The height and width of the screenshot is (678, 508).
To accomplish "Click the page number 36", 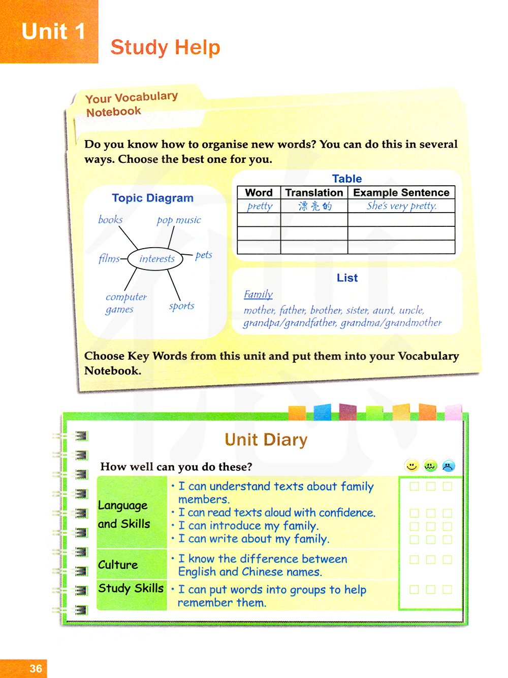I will point(36,668).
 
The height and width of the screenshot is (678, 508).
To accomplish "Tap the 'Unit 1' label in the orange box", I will point(53,32).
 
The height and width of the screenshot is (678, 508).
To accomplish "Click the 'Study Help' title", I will point(165,47).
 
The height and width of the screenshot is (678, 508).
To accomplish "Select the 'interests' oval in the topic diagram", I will point(155,259).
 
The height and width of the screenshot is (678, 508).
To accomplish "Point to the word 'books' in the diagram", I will point(110,220).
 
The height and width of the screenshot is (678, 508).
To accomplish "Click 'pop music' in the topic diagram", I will point(179,220).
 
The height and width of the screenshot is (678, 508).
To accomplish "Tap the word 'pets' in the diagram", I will point(204,255).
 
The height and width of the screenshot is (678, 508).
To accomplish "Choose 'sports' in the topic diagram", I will point(181,306).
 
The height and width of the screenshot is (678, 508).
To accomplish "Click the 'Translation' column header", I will point(314,193).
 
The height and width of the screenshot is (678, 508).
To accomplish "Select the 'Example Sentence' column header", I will point(401,193).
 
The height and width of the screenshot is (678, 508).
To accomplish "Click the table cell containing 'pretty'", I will point(260,206).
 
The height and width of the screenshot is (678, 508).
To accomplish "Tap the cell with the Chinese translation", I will point(314,206).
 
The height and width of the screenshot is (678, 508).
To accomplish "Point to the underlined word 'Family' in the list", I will point(258,294).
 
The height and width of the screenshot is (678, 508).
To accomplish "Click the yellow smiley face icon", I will point(412,465).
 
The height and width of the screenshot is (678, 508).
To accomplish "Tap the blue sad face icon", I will point(448,465).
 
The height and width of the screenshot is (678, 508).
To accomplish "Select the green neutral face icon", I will point(430,465).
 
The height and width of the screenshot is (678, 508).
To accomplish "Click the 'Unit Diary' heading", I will point(266,439).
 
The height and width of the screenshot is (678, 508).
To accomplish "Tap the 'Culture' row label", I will point(118,565).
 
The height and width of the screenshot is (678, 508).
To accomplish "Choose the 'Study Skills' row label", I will point(131,588).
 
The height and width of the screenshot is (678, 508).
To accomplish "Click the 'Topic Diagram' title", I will point(152,198).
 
